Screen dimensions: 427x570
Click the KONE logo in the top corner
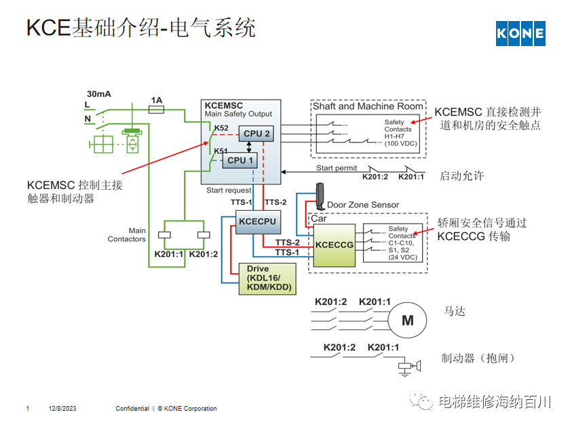click(520, 33)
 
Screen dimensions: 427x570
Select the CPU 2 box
click(257, 134)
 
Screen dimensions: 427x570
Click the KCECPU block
click(257, 222)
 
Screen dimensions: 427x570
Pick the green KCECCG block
click(334, 244)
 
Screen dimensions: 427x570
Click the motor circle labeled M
click(407, 321)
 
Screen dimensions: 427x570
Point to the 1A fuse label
click(157, 100)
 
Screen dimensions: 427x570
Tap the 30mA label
click(99, 94)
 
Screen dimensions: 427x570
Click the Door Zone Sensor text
click(363, 205)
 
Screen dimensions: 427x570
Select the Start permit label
click(336, 168)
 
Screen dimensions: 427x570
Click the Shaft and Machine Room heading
click(367, 106)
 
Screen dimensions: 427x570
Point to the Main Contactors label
click(127, 235)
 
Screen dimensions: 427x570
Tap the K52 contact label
click(221, 128)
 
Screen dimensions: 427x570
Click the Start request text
click(229, 190)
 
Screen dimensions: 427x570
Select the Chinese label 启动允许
click(462, 176)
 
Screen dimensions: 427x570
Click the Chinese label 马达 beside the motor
click(454, 312)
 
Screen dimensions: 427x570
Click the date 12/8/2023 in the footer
click(62, 409)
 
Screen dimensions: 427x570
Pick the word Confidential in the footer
click(132, 409)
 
